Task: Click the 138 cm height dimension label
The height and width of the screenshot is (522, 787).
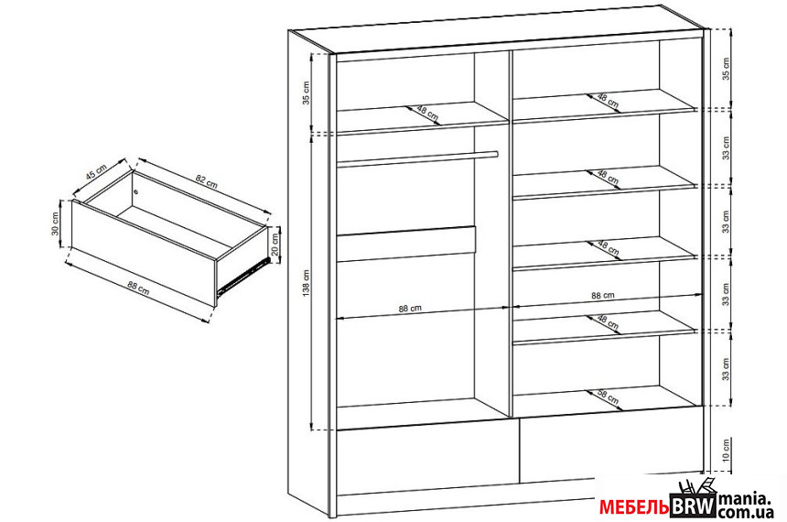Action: (x=307, y=282)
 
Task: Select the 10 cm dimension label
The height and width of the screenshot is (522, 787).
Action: (x=726, y=451)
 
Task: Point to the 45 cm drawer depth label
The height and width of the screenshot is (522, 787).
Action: (x=96, y=172)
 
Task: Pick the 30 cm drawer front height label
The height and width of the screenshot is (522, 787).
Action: (x=55, y=223)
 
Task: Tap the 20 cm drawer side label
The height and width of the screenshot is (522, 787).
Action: (x=275, y=244)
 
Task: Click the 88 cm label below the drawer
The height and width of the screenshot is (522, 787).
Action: (x=138, y=288)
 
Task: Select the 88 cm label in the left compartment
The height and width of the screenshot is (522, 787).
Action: (x=410, y=309)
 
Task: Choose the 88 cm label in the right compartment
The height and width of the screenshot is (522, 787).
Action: (x=603, y=296)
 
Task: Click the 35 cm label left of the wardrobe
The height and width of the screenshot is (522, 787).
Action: (x=307, y=92)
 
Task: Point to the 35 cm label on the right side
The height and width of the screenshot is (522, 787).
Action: (x=726, y=69)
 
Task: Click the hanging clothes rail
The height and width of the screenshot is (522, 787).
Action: (x=417, y=158)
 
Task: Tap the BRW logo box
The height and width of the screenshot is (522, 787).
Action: (x=692, y=505)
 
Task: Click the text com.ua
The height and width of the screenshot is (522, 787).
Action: (x=744, y=511)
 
